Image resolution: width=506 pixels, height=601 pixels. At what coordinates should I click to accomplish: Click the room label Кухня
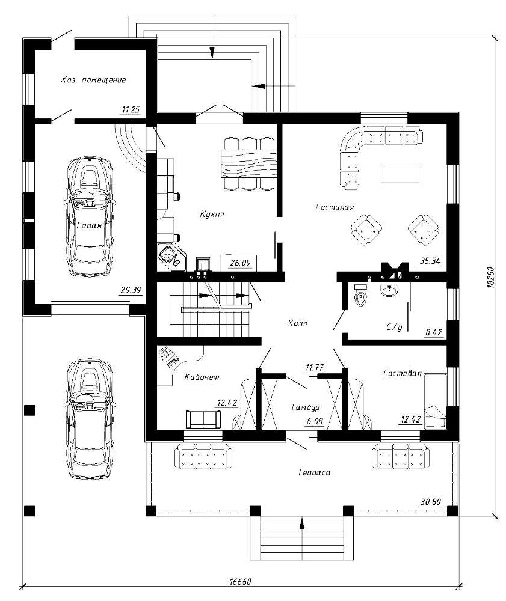[x=212, y=214]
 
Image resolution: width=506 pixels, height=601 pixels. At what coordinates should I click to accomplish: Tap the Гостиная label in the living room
[x=335, y=207]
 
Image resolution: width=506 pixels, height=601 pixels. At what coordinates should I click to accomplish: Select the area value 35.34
[x=430, y=261]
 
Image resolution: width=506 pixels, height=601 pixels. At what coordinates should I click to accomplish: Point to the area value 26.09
[x=240, y=263]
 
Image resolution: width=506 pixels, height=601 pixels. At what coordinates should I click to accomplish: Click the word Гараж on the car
[x=90, y=226]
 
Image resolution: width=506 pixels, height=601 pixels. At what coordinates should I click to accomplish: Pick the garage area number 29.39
[x=131, y=290]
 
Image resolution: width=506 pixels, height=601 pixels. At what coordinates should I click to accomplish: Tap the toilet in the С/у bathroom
[x=360, y=295]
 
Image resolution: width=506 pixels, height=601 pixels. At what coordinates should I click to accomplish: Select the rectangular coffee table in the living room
[x=400, y=174]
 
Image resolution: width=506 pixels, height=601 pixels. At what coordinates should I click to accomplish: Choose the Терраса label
[x=314, y=472]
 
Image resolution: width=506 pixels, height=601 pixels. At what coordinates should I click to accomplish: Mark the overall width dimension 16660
[x=241, y=581]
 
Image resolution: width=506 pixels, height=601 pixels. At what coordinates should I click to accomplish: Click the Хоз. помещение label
[x=93, y=80]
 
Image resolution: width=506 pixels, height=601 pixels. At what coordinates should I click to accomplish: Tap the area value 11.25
[x=131, y=109]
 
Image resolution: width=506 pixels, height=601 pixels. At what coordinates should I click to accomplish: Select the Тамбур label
[x=306, y=407]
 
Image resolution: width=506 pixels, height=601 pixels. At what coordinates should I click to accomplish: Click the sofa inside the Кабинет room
[x=203, y=419]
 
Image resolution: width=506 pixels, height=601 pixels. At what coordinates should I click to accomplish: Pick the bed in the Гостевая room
[x=435, y=400]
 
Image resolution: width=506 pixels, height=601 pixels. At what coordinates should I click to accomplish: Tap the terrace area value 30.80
[x=431, y=502]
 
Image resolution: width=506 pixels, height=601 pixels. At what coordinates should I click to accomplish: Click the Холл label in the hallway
[x=297, y=323]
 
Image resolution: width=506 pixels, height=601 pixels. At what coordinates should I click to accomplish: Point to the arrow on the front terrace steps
[x=302, y=524]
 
